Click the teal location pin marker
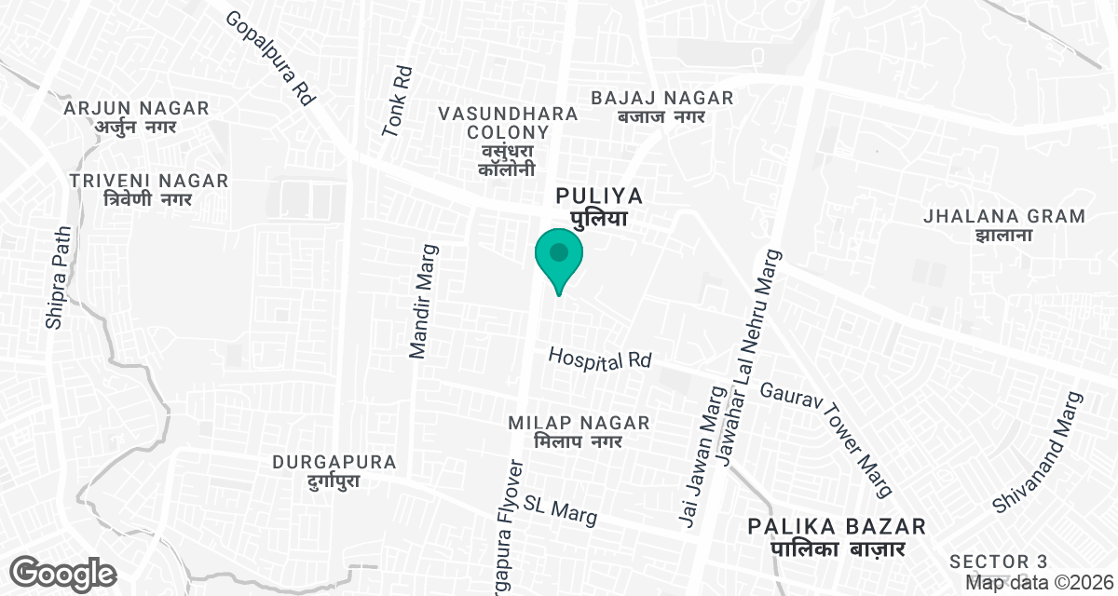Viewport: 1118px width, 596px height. coord(559,259)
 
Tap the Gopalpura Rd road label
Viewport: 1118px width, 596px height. coord(271,58)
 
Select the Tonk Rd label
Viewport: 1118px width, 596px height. coord(398,101)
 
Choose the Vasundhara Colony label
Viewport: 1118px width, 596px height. coord(508,141)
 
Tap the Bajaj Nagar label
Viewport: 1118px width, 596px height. coord(662,106)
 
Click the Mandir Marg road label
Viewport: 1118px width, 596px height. coord(423,302)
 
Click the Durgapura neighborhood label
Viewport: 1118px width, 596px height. coord(334,471)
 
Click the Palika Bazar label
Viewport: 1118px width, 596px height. coord(837,537)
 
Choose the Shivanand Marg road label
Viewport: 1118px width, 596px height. coord(1039,452)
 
